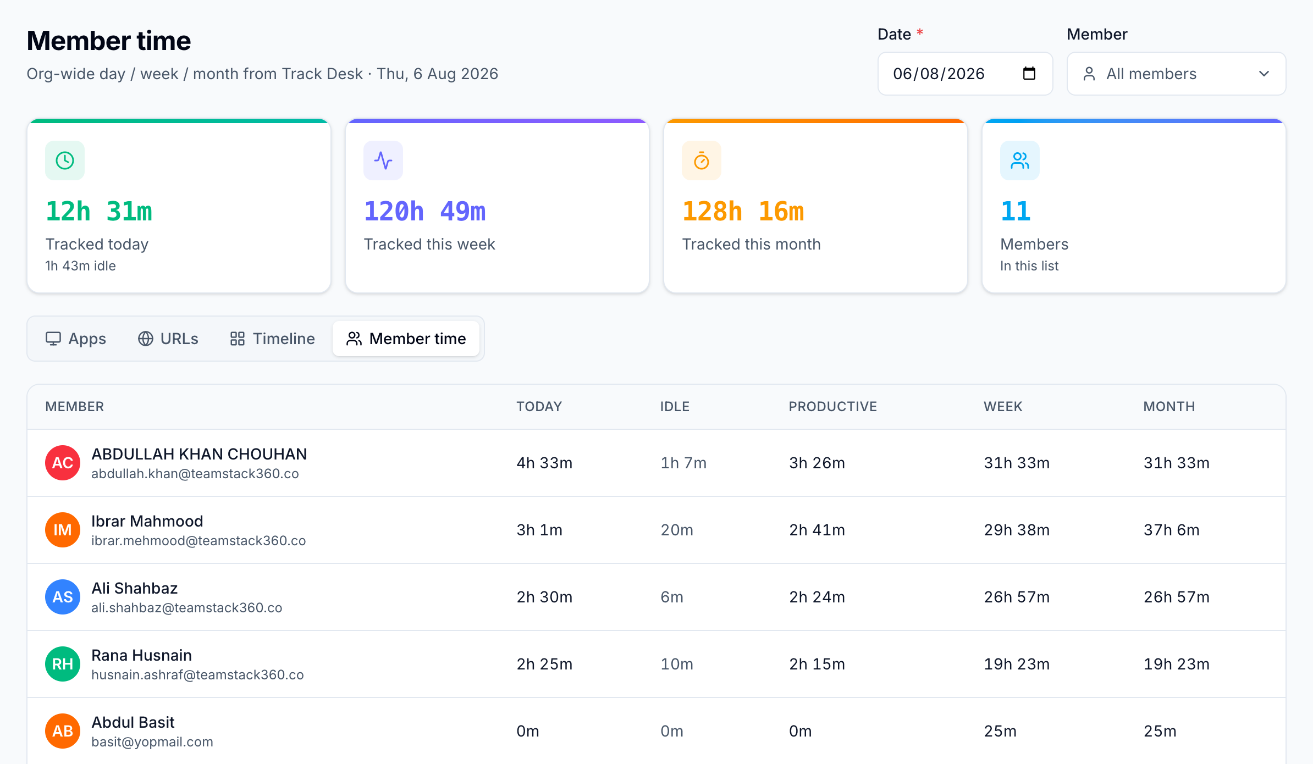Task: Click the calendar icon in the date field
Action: pyautogui.click(x=1029, y=73)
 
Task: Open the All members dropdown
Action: pyautogui.click(x=1176, y=74)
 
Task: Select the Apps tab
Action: pyautogui.click(x=76, y=339)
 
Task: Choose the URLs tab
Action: pyautogui.click(x=168, y=339)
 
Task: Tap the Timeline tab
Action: pyautogui.click(x=272, y=339)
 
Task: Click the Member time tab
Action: pyautogui.click(x=406, y=339)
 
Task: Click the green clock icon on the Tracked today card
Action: pyautogui.click(x=65, y=160)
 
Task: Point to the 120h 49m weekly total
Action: pyautogui.click(x=424, y=212)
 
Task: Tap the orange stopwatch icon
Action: pyautogui.click(x=702, y=160)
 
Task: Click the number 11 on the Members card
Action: pyautogui.click(x=1015, y=212)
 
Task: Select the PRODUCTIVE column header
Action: pyautogui.click(x=832, y=407)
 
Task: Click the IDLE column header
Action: pyautogui.click(x=675, y=407)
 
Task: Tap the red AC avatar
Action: pyautogui.click(x=63, y=463)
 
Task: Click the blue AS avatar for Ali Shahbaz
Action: pyautogui.click(x=63, y=597)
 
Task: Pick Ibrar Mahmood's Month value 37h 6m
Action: pyautogui.click(x=1171, y=530)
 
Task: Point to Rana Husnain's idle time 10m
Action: pyautogui.click(x=676, y=664)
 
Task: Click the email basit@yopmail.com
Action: pyautogui.click(x=152, y=742)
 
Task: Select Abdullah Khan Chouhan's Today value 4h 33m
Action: pyautogui.click(x=544, y=463)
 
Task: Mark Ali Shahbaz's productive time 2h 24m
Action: pyautogui.click(x=817, y=597)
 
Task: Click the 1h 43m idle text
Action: pyautogui.click(x=80, y=266)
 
